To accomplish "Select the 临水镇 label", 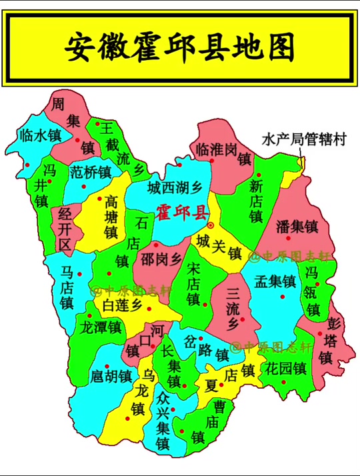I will pos(41,135).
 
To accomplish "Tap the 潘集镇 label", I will pos(297,226).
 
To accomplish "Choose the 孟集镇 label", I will pos(274,281).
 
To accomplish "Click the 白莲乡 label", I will pos(123,305).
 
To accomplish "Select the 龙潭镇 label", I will pos(100,328).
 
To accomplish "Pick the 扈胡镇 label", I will pos(111,375).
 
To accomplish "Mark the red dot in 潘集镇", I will pos(288,238).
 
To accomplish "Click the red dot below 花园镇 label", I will pos(285,382).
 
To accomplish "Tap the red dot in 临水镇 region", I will pos(27,165).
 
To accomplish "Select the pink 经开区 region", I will pos(64,230).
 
